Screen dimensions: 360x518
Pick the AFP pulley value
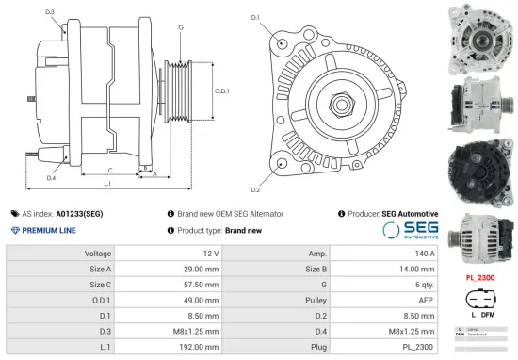[x=425, y=301]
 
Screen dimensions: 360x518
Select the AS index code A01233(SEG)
[x=79, y=214]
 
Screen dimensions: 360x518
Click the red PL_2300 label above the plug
[x=480, y=279]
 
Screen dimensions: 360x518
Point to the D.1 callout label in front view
[x=255, y=18]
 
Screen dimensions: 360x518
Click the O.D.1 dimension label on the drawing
[x=222, y=90]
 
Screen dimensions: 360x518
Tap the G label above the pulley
[x=180, y=27]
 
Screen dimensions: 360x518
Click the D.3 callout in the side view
[x=49, y=12]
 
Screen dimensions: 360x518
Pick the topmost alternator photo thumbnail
[x=480, y=35]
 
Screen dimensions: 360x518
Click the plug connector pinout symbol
[x=479, y=303]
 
